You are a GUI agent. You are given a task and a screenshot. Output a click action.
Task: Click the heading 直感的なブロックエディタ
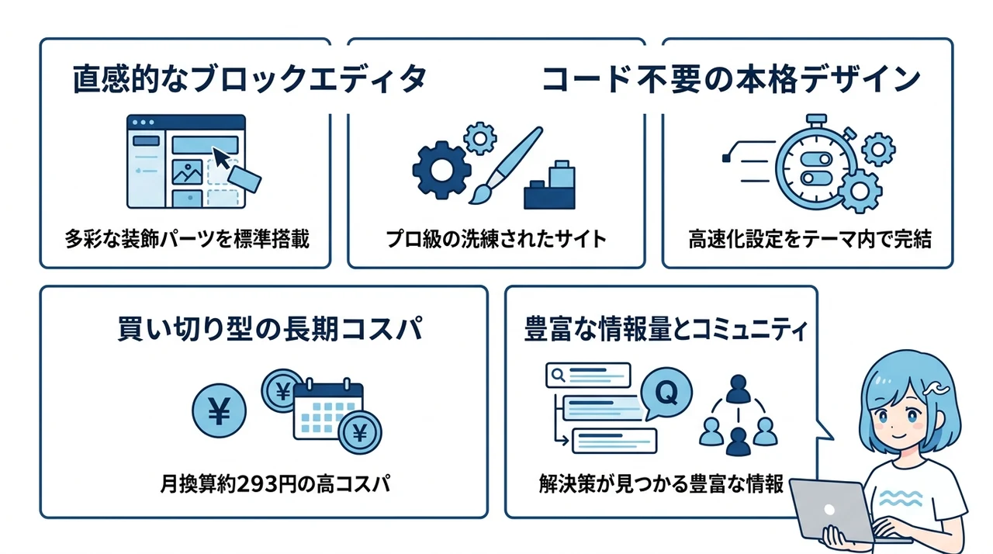tap(250, 79)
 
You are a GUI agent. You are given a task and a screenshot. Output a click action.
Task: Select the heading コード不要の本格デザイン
tap(731, 80)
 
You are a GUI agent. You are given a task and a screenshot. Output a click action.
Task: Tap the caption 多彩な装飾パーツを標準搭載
tap(187, 239)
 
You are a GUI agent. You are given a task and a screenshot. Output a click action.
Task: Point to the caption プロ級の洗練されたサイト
tap(496, 239)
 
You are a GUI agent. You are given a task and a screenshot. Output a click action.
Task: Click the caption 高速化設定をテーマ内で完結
tap(810, 239)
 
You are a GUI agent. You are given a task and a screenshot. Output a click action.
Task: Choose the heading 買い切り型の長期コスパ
tap(270, 328)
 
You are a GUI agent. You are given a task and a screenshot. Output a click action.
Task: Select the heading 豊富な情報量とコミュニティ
tap(666, 329)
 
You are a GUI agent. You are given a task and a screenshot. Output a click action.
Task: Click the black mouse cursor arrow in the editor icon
tap(222, 158)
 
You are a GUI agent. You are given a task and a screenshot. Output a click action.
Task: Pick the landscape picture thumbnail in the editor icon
tap(187, 172)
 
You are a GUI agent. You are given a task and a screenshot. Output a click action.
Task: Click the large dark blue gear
tap(441, 170)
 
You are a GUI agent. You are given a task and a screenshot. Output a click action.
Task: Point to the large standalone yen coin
tap(219, 411)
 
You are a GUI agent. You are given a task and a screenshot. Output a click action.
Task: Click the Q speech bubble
tap(666, 393)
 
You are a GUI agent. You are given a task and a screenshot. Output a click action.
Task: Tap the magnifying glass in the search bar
tap(558, 376)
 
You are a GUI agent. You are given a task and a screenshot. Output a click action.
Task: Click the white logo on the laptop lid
tap(829, 510)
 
